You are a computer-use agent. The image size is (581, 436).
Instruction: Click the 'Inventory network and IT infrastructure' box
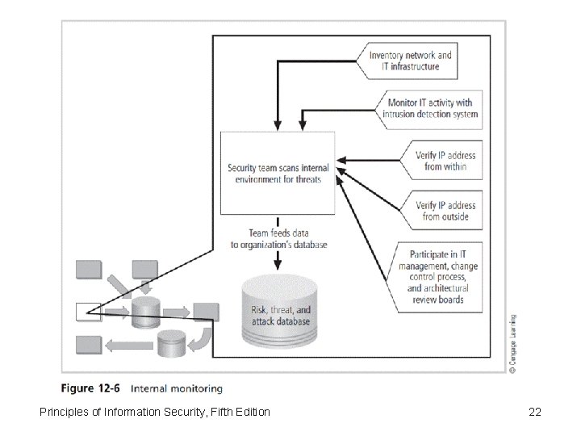[x=409, y=61]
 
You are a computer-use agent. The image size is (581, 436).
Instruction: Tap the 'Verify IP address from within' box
[x=444, y=161]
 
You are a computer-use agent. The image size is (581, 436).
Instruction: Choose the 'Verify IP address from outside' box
[x=444, y=211]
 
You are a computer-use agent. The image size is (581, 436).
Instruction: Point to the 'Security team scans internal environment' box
[x=278, y=174]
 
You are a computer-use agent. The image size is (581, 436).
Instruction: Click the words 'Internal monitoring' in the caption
[x=177, y=389]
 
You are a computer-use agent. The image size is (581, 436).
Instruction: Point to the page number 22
[x=534, y=413]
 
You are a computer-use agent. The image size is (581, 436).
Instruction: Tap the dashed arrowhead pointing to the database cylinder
[x=277, y=263]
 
